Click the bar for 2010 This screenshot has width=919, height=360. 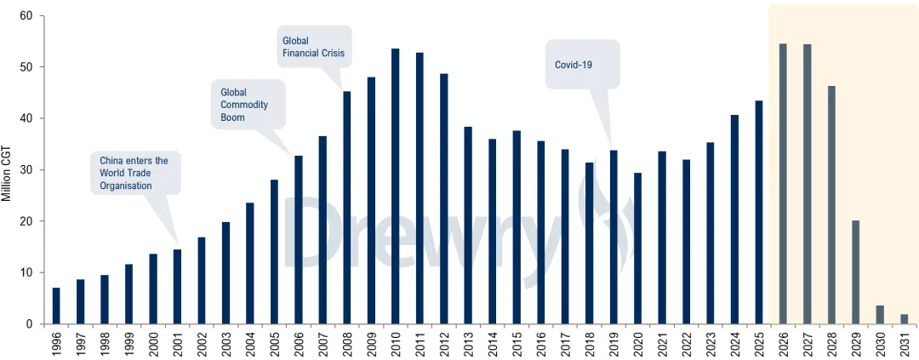pyautogui.click(x=395, y=186)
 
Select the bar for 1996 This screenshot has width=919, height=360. pyautogui.click(x=56, y=306)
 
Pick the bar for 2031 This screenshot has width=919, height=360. pyautogui.click(x=904, y=319)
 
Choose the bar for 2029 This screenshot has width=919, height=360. pyautogui.click(x=855, y=272)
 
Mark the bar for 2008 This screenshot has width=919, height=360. pyautogui.click(x=347, y=208)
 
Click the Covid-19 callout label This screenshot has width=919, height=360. pyautogui.click(x=582, y=65)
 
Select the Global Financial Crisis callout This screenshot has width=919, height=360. pyautogui.click(x=315, y=47)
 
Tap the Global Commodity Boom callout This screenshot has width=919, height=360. pyautogui.click(x=248, y=105)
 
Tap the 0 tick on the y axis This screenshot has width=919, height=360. pyautogui.click(x=30, y=324)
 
